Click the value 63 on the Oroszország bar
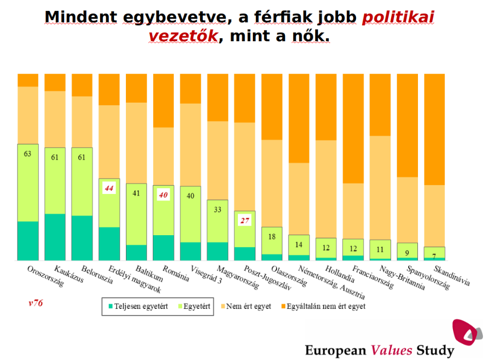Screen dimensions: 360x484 tap(28, 153)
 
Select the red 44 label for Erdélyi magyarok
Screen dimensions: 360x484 tap(109, 188)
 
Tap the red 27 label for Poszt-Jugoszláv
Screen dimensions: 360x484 tap(244, 221)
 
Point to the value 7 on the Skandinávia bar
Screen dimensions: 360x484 tap(434, 256)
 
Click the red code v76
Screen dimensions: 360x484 tap(36, 303)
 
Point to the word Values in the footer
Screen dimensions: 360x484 tap(391, 351)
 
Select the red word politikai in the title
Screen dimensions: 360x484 tap(398, 18)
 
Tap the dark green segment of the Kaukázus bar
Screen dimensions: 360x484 tap(55, 237)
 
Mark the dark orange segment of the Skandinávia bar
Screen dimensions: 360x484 tap(434, 129)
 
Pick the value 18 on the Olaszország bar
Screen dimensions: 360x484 tap(271, 236)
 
